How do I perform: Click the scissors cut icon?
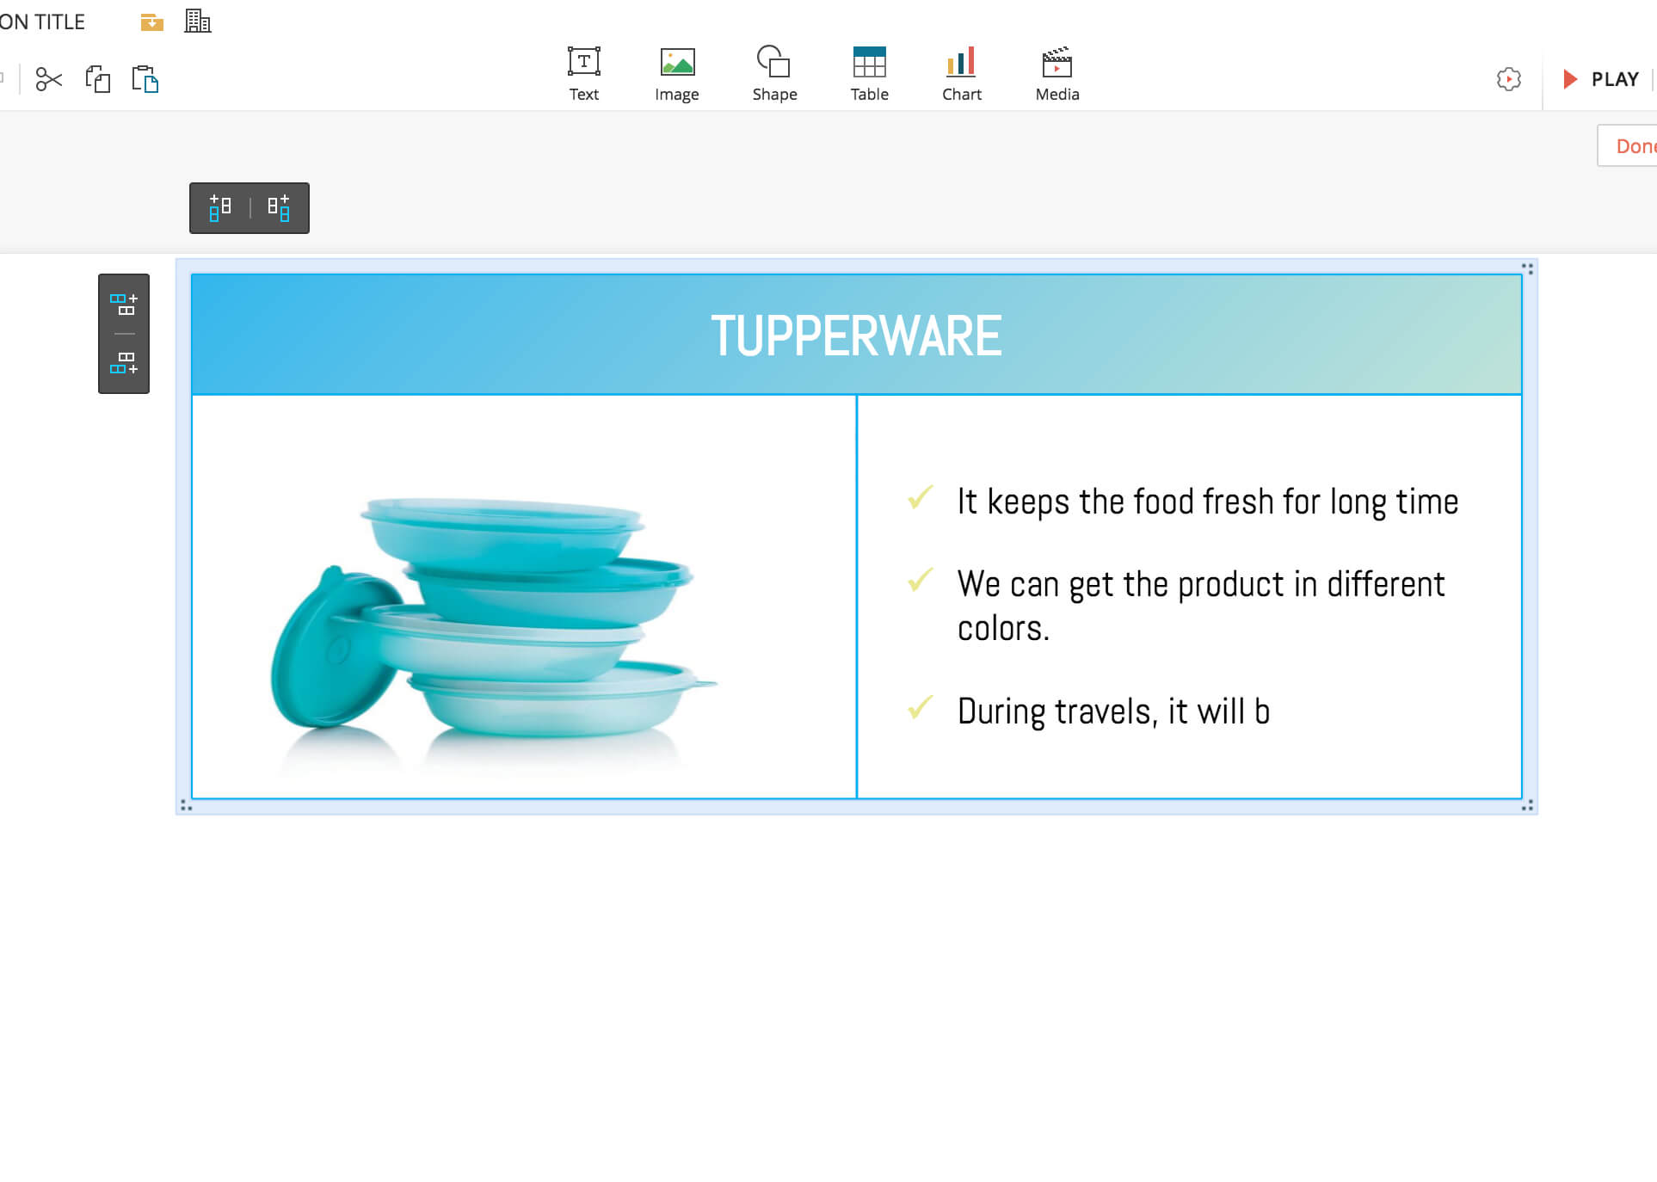coord(49,79)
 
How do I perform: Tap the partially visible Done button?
coord(1628,145)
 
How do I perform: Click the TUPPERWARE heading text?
coord(856,336)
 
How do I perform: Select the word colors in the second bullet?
coord(1003,629)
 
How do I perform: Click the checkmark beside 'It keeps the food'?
coord(920,497)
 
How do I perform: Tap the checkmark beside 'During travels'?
coord(920,707)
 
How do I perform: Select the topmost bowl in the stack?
coord(502,533)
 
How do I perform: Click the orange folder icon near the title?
coord(152,22)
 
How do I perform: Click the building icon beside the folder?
coord(198,21)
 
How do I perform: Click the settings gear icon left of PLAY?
coord(1508,79)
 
